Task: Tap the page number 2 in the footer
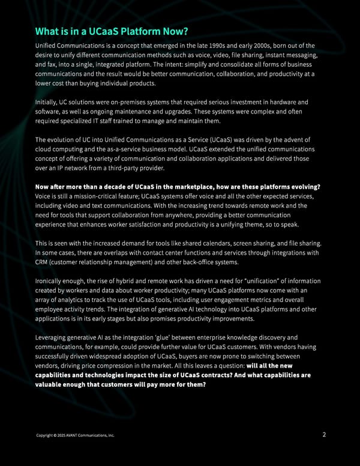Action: pos(324,435)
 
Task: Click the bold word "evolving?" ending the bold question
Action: pos(304,187)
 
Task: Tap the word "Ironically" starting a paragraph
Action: pos(51,281)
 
